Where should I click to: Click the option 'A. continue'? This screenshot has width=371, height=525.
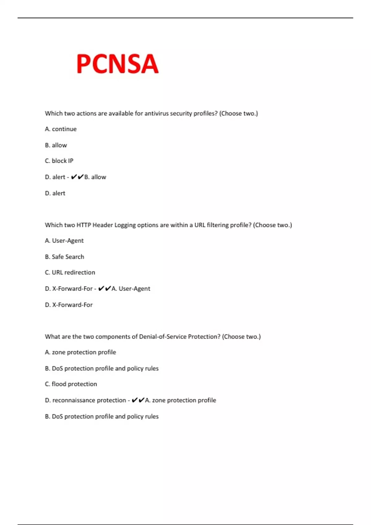[61, 129]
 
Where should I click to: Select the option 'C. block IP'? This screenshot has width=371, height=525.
[59, 161]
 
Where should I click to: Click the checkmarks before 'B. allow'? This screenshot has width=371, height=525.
[77, 177]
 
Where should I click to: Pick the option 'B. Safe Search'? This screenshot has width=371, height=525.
[64, 257]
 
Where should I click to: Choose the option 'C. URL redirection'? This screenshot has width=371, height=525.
[70, 272]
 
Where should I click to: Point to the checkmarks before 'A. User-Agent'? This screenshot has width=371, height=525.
[104, 288]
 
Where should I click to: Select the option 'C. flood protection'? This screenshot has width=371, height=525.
[71, 384]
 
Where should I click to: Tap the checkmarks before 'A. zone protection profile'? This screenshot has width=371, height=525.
[138, 400]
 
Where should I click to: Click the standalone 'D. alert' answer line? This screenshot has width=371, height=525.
[55, 193]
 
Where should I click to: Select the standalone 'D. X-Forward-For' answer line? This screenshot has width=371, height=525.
[69, 305]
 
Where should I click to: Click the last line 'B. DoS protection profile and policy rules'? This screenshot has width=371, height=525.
[101, 416]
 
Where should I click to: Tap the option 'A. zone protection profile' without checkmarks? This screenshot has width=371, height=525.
[80, 352]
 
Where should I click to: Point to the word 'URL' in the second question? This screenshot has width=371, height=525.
[200, 225]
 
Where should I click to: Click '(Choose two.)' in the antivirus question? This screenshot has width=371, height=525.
[238, 113]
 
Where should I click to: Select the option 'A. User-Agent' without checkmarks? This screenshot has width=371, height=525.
[64, 241]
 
